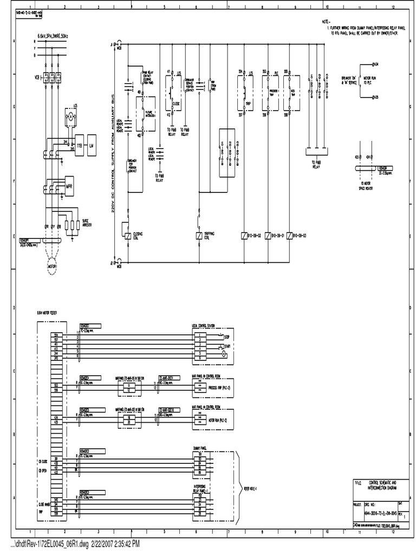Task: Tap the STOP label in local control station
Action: pos(227,337)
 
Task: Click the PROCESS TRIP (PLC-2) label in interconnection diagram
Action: pos(206,389)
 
